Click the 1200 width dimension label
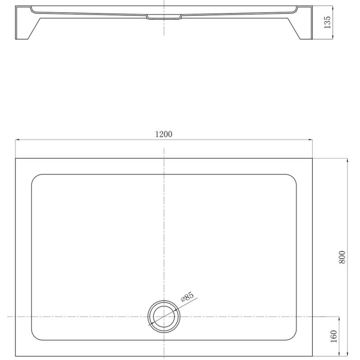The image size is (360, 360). coord(164,134)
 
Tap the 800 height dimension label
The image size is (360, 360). coord(342,257)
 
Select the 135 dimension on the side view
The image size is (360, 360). coord(328,22)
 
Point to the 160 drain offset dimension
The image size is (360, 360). coord(333,336)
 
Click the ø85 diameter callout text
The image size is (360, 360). coord(187,297)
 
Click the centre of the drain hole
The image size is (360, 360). coord(164,316)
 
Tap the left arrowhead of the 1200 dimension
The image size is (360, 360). coord(17,139)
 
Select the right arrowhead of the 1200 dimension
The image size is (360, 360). coord(310,139)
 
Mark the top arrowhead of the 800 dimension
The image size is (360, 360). coord(347,160)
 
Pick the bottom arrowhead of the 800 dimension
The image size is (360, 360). coord(347,354)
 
